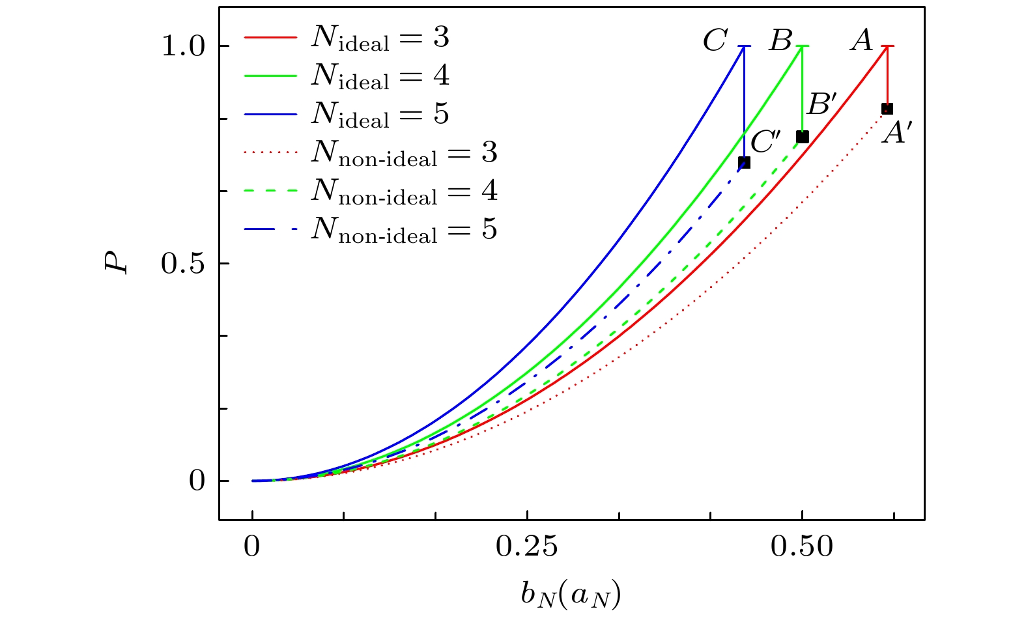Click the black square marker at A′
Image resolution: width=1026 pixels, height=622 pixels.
pos(887,109)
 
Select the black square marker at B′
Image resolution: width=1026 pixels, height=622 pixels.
pos(803,137)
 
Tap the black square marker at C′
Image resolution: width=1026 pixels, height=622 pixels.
pos(745,162)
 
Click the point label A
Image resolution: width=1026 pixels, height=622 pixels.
pos(862,41)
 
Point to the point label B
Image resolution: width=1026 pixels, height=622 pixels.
pos(780,41)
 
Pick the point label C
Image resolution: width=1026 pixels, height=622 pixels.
pos(715,41)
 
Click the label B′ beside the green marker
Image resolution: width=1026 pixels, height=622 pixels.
pos(821,104)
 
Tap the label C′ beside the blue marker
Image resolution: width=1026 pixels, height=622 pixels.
pos(765,142)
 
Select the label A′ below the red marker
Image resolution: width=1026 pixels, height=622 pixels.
pos(896,134)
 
